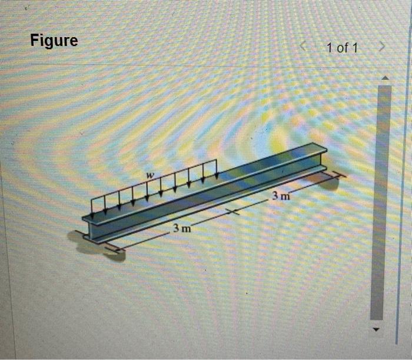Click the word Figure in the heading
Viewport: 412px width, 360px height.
click(x=54, y=41)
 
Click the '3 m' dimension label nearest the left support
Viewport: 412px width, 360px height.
click(x=181, y=228)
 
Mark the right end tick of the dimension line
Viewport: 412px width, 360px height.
click(x=337, y=174)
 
